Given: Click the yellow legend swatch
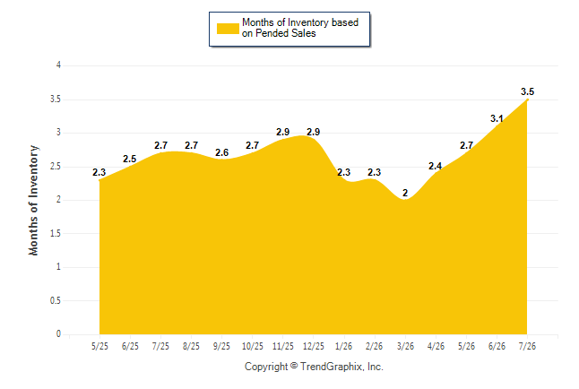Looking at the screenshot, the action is pyautogui.click(x=228, y=29).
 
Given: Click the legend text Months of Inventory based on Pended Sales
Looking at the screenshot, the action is pyautogui.click(x=300, y=28).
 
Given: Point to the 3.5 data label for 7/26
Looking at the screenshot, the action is pyautogui.click(x=527, y=91).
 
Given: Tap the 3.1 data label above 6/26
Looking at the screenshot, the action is pyautogui.click(x=497, y=118).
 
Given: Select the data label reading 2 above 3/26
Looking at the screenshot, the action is pyautogui.click(x=405, y=193).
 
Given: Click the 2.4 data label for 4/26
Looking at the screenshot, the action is pyautogui.click(x=436, y=166).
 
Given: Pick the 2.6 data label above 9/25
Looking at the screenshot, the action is pyautogui.click(x=222, y=152).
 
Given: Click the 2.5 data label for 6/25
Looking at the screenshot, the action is pyautogui.click(x=130, y=159).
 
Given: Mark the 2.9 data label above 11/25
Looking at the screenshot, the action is pyautogui.click(x=283, y=132).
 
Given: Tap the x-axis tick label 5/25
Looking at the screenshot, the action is pyautogui.click(x=99, y=346).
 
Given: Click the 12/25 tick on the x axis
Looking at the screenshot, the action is pyautogui.click(x=314, y=346).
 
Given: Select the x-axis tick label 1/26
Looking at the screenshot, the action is pyautogui.click(x=344, y=346).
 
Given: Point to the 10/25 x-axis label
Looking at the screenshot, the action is pyautogui.click(x=253, y=346).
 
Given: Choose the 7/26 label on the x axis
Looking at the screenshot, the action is pyautogui.click(x=527, y=346).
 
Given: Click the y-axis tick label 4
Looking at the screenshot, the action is pyautogui.click(x=58, y=65).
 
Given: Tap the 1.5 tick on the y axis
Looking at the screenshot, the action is pyautogui.click(x=56, y=233).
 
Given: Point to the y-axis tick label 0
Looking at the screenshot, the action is pyautogui.click(x=58, y=334).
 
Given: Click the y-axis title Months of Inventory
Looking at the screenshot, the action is pyautogui.click(x=33, y=200).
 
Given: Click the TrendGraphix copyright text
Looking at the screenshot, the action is pyautogui.click(x=314, y=367).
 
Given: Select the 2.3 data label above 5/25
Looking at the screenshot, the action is pyautogui.click(x=99, y=172).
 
